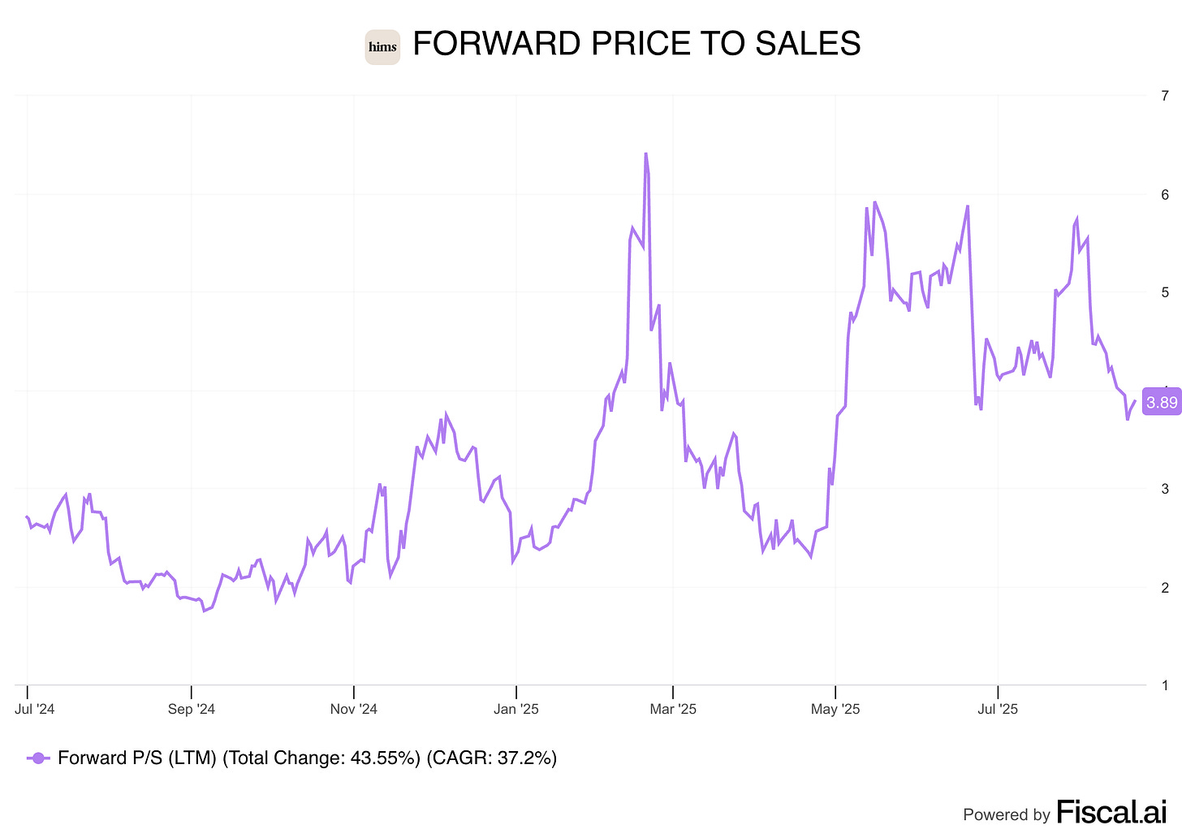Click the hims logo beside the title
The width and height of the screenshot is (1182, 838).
(382, 47)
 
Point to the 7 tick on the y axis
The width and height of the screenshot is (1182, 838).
(1165, 96)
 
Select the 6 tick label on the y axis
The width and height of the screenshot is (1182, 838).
(1165, 194)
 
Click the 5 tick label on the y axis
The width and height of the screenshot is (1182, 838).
(1165, 292)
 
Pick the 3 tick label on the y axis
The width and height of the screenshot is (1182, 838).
(1165, 489)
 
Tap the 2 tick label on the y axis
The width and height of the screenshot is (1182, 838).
(1165, 587)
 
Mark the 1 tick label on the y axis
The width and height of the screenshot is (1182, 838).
(1165, 685)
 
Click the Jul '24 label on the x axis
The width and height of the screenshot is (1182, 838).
(35, 710)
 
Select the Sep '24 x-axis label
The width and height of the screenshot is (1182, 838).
(192, 710)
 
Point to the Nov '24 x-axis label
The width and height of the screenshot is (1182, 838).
(354, 710)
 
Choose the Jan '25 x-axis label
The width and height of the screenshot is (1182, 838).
(516, 710)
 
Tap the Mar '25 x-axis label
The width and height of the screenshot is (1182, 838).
(673, 710)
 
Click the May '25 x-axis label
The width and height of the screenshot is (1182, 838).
(835, 710)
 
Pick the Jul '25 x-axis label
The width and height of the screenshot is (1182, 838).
(998, 710)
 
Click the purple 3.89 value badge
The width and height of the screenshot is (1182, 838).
(1162, 403)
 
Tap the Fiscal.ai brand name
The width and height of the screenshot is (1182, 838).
(1111, 812)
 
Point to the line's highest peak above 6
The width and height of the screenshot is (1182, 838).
(645, 153)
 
